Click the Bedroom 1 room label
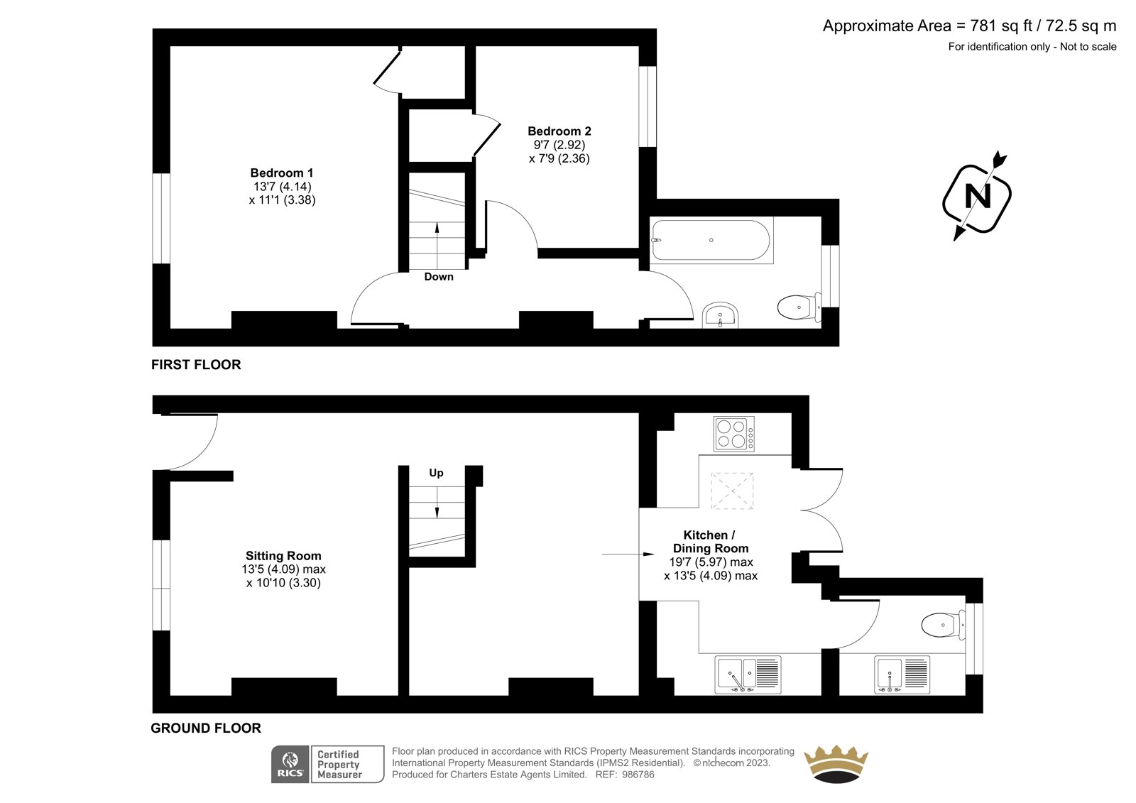282,173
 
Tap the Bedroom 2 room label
559,131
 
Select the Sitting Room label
283,556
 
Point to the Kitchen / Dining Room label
711,542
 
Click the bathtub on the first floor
711,240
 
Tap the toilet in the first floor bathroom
799,307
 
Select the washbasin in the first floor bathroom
720,316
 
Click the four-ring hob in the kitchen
734,434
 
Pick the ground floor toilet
943,625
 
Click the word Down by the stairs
439,277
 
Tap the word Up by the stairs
436,474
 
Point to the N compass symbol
977,196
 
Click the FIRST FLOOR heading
196,365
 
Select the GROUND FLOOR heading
206,728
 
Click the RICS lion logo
290,764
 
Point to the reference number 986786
638,775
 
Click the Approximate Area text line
969,26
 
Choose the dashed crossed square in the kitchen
732,491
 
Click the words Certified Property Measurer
339,765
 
